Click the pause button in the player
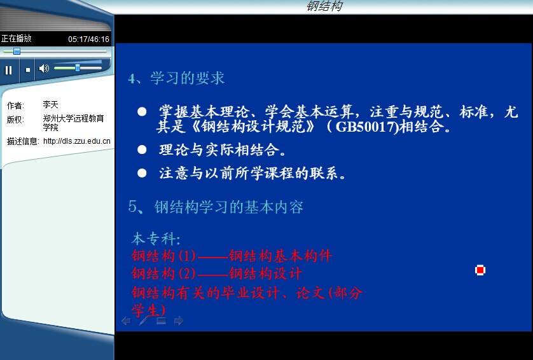pyautogui.click(x=8, y=70)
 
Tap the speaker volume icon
pyautogui.click(x=44, y=68)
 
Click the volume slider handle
pyautogui.click(x=78, y=67)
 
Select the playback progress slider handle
pyautogui.click(x=17, y=51)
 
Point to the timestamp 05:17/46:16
pyautogui.click(x=88, y=39)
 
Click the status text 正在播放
pyautogui.click(x=17, y=38)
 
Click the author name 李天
pyautogui.click(x=50, y=104)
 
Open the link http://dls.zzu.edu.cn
pyautogui.click(x=77, y=141)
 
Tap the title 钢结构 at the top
pyautogui.click(x=324, y=6)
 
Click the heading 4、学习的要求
pyautogui.click(x=176, y=78)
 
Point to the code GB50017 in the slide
pyautogui.click(x=364, y=127)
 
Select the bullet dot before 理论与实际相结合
pyautogui.click(x=142, y=149)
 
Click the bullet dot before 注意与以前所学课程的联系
pyautogui.click(x=142, y=173)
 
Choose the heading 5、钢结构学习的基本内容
pyautogui.click(x=216, y=207)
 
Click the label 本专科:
pyautogui.click(x=156, y=239)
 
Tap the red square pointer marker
pyautogui.click(x=480, y=270)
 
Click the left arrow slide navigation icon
pyautogui.click(x=126, y=321)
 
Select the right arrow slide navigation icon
pyautogui.click(x=179, y=321)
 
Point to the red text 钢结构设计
pyautogui.click(x=265, y=273)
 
